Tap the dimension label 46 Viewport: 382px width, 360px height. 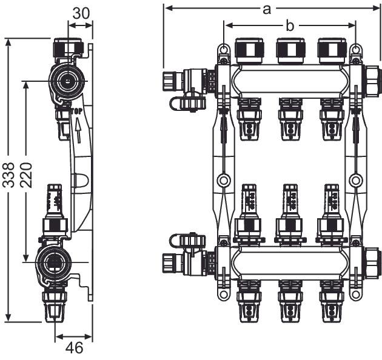pyautogui.click(x=74, y=348)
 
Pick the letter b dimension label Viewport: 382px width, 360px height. pyautogui.click(x=290, y=25)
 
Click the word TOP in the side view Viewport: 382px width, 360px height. pyautogui.click(x=76, y=112)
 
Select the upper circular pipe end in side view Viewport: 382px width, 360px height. pyautogui.click(x=65, y=80)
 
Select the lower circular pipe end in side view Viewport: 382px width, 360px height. pyautogui.click(x=53, y=263)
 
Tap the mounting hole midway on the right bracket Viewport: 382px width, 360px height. pyautogui.click(x=357, y=180)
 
